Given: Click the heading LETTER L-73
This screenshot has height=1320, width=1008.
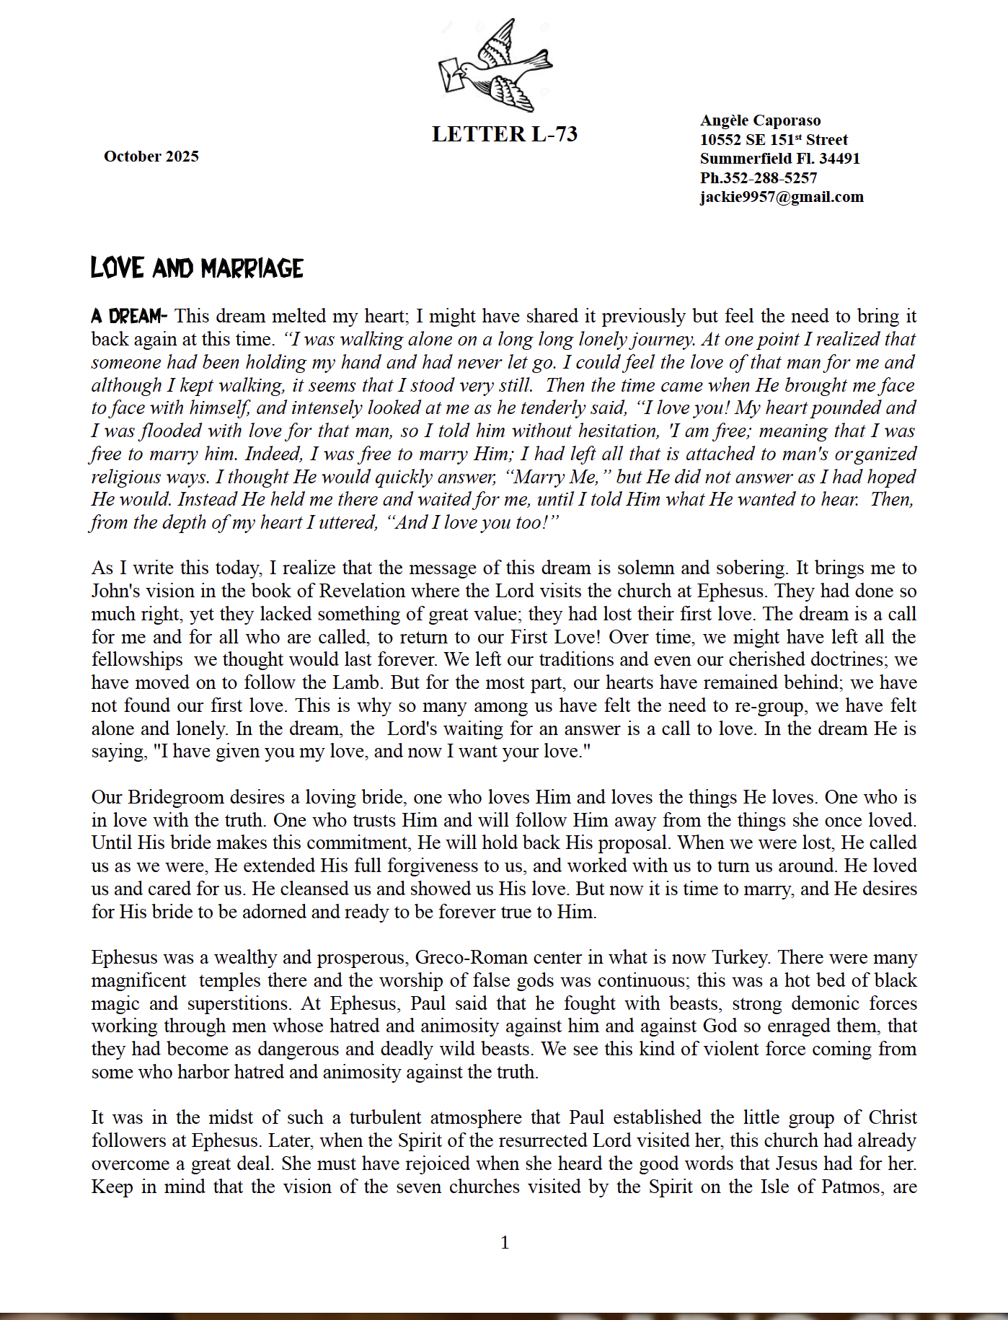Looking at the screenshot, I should [x=505, y=134].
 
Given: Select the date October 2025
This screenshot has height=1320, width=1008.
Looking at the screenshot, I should [x=151, y=157].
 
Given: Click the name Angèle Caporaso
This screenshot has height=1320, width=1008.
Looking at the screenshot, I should [x=760, y=120].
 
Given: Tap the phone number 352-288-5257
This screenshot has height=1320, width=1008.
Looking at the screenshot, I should [x=770, y=178].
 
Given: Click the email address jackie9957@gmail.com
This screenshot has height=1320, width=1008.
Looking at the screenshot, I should [x=782, y=197].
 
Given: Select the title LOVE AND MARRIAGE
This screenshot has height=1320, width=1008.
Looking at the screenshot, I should [x=197, y=268].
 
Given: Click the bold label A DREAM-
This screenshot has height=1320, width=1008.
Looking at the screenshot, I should [x=129, y=316].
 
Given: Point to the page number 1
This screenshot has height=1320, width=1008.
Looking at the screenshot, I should [x=505, y=1242].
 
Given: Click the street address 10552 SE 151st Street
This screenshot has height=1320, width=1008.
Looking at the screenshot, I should [x=774, y=140].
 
